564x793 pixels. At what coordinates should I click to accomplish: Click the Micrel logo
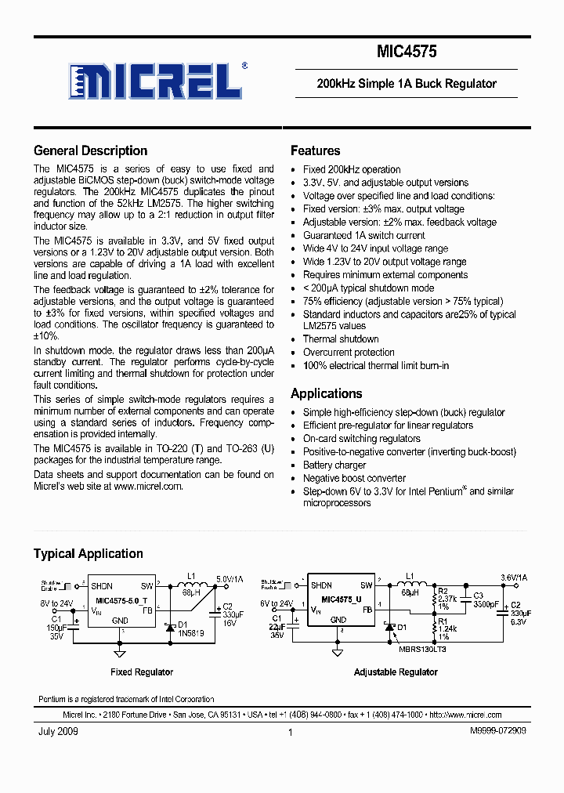[x=155, y=79]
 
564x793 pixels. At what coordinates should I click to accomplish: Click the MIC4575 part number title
[x=407, y=53]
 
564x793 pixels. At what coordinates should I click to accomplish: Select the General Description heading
[x=90, y=151]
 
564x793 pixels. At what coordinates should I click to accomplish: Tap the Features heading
[x=315, y=151]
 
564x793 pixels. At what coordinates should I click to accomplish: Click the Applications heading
[x=326, y=394]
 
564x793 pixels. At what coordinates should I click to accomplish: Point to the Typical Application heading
[x=88, y=554]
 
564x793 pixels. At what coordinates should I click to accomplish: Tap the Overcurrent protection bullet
[x=349, y=353]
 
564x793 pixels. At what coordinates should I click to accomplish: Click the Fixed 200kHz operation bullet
[x=352, y=169]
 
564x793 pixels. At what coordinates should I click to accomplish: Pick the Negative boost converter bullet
[x=354, y=479]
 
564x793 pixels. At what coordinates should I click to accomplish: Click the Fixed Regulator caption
[x=142, y=672]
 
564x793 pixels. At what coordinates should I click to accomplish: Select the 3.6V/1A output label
[x=514, y=578]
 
